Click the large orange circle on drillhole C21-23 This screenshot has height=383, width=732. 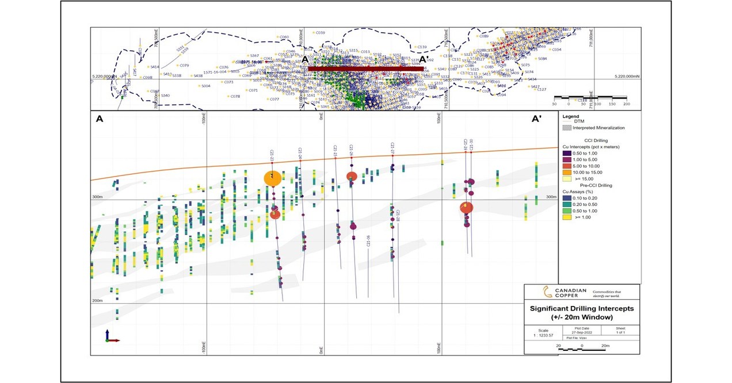273,178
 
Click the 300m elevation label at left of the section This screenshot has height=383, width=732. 97,197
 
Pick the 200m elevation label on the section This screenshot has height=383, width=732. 97,301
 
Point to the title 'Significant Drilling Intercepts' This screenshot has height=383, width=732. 582,309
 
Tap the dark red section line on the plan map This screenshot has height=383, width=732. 366,68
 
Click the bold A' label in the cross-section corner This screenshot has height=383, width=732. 536,119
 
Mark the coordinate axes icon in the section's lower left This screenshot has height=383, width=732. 110,337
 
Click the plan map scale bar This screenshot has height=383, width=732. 590,98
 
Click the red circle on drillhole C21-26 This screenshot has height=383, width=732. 352,177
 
